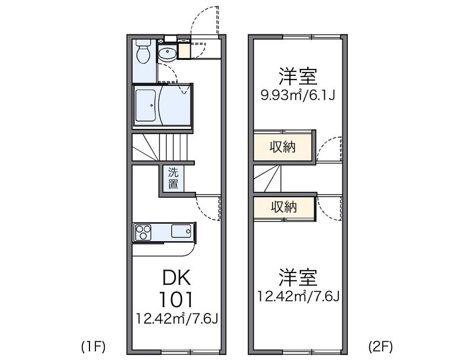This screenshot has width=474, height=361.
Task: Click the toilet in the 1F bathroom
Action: pos(143,52)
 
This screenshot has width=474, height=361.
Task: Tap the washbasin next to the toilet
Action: pos(167,53)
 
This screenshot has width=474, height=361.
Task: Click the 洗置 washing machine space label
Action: pos(173,178)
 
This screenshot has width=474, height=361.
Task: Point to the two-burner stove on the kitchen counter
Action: pos(143,232)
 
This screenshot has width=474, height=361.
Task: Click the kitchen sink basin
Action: pos(181,232)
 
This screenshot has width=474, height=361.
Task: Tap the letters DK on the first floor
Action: pos(177,277)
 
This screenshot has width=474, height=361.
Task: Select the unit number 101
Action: pos(176,299)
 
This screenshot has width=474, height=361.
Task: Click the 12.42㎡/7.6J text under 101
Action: pos(177,319)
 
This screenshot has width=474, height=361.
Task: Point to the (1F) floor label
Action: pos(93,347)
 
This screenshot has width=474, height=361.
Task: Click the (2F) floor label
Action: pos(380,347)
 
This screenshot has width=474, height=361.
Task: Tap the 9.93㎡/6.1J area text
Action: pos(298,96)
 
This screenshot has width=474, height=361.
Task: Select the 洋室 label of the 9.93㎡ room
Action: pos(298,77)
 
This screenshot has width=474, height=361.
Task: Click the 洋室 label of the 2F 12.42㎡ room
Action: pos(298,277)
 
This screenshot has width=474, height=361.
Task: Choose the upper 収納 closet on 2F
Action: pos(283,147)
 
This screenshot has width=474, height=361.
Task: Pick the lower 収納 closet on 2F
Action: pos(284,207)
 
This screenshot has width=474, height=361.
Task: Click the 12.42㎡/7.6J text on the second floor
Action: pos(299,296)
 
